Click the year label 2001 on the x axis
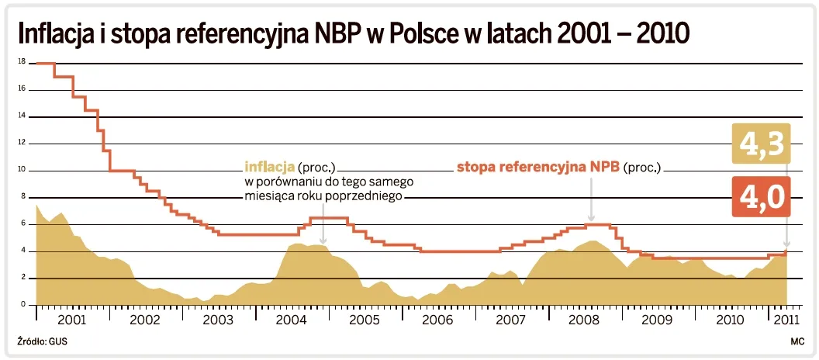(71, 320)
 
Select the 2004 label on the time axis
(291, 320)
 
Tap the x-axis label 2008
(584, 320)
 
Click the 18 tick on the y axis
(21, 62)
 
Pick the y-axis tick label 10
(21, 170)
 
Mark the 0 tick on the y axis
(22, 304)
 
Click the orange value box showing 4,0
(760, 196)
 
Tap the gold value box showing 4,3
(760, 145)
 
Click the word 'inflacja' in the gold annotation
(268, 167)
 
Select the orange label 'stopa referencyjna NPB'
(537, 167)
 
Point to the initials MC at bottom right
(797, 341)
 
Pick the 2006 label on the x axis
(437, 320)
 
